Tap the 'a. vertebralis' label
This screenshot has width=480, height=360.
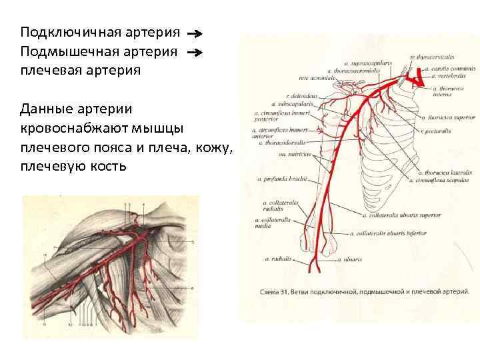tap(450, 77)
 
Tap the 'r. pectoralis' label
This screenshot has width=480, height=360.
tap(436, 131)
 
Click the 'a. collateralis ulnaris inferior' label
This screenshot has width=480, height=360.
tap(390, 234)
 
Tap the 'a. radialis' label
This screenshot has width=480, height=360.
tap(276, 258)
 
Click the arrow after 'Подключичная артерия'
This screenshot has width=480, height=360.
tap(194, 33)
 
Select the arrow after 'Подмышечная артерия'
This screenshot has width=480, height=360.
tap(194, 51)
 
